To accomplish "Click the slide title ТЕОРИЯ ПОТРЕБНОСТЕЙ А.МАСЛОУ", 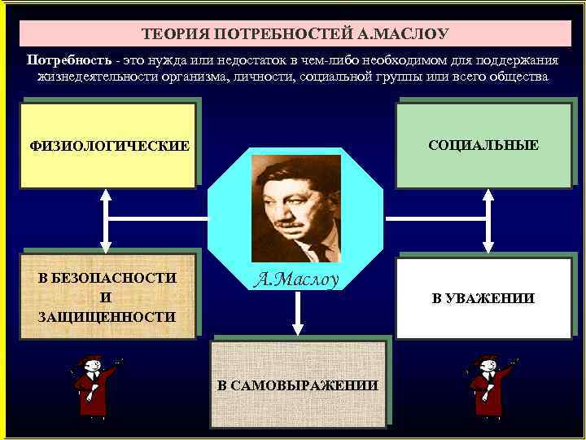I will pyautogui.click(x=295, y=34).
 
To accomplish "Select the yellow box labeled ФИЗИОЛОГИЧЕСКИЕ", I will pyautogui.click(x=108, y=146).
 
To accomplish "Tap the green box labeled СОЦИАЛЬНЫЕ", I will pyautogui.click(x=483, y=145).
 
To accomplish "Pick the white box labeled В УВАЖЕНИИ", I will pyautogui.click(x=483, y=298).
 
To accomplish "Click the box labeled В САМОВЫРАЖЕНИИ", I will pyautogui.click(x=297, y=385).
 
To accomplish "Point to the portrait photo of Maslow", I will pyautogui.click(x=296, y=208).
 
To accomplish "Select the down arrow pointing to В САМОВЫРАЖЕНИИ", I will pyautogui.click(x=298, y=314).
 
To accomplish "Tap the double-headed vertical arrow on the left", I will pyautogui.click(x=105, y=220).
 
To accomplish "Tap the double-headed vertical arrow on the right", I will pyautogui.click(x=488, y=220).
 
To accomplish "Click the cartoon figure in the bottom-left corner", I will pyautogui.click(x=94, y=385).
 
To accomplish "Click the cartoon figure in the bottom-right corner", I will pyautogui.click(x=489, y=385).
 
